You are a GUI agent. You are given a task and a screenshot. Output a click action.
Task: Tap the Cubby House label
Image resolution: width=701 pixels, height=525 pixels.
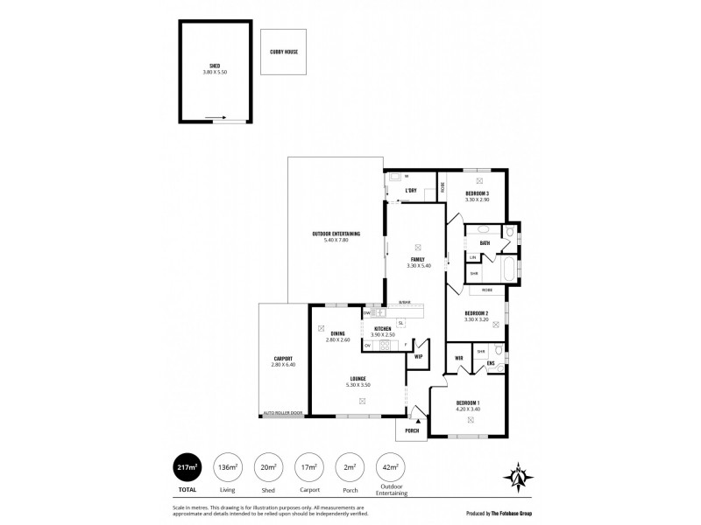(284, 52)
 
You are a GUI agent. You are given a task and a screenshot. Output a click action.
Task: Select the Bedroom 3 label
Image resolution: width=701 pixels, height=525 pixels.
(477, 193)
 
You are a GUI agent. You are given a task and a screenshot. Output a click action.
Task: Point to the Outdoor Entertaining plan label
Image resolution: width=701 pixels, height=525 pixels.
(336, 234)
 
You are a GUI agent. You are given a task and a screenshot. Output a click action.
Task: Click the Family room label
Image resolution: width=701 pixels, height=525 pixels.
(417, 260)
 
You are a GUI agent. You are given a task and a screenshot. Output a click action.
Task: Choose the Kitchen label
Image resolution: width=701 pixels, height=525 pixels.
(382, 328)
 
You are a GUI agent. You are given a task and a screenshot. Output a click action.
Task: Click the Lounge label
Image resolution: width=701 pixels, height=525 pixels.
(358, 379)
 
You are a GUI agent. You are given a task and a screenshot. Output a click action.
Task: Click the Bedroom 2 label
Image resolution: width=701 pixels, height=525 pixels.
(476, 313)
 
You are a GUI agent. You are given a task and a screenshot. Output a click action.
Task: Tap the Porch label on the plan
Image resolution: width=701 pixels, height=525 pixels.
(411, 430)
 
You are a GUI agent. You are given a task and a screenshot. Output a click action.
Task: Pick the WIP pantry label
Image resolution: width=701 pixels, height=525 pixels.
(418, 356)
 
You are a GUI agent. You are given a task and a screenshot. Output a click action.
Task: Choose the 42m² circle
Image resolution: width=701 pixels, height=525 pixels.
(387, 468)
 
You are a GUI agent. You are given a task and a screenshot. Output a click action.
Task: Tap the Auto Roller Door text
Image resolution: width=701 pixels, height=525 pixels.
(283, 413)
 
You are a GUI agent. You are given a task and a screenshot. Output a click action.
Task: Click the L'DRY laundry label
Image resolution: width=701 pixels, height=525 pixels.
(409, 190)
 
